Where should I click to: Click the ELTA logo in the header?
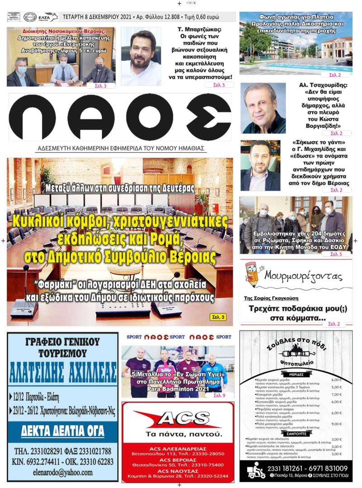(x=47, y=17)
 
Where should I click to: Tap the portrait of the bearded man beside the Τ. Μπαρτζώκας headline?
(x=141, y=56)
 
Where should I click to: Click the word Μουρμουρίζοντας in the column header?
(x=303, y=275)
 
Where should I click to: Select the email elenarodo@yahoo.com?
(x=62, y=472)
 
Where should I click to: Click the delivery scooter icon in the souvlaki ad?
(x=256, y=470)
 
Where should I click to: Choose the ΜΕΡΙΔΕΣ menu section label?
(x=296, y=374)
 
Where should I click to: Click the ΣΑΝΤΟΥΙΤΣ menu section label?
(x=296, y=433)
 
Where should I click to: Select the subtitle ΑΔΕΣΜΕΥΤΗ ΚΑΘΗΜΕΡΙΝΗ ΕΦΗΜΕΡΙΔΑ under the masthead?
(x=121, y=148)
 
